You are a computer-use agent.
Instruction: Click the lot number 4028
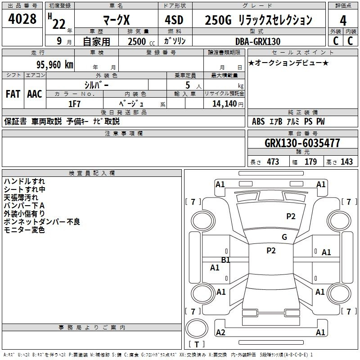tap(22, 19)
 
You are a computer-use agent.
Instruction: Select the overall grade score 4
tap(343, 21)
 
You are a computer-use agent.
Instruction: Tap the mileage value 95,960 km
tap(54, 65)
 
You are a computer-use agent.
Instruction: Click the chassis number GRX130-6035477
tap(302, 143)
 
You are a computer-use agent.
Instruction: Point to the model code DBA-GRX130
tap(258, 41)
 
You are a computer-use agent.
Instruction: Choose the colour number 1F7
tap(74, 104)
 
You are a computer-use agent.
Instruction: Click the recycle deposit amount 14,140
tap(225, 104)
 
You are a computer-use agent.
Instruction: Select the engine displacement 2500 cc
tap(141, 41)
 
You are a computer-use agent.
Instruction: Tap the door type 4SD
tap(174, 20)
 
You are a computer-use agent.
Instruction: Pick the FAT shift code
tap(13, 94)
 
